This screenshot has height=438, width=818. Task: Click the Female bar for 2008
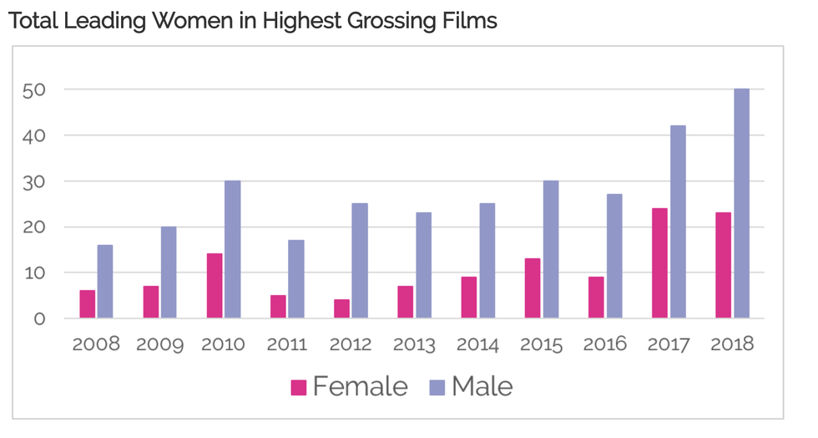pos(88,303)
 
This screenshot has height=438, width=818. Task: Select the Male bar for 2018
pos(741,203)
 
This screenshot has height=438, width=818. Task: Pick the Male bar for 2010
pos(232,249)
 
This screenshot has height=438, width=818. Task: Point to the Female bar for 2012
pos(341,308)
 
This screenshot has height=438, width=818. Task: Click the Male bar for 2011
pos(296,278)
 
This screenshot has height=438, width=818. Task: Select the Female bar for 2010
pos(215,285)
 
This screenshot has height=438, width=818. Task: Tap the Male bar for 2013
pos(423,265)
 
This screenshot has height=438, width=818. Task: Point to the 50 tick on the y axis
pos(39,89)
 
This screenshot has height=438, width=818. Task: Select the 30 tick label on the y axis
pos(39,181)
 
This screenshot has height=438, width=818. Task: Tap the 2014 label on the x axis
pos(477,344)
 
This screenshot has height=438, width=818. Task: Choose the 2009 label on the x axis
pos(160,344)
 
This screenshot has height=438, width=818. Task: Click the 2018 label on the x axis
pos(732,344)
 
